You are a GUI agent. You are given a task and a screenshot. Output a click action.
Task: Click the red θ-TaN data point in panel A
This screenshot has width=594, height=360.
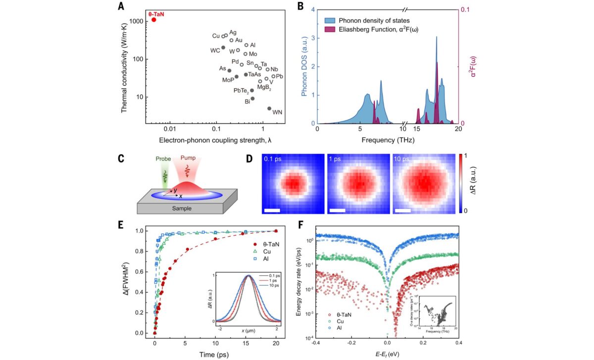(153, 20)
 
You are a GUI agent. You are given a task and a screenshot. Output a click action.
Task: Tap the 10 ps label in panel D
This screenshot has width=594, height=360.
(402, 159)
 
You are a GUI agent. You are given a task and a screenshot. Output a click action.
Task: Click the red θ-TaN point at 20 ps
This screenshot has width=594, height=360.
(276, 231)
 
